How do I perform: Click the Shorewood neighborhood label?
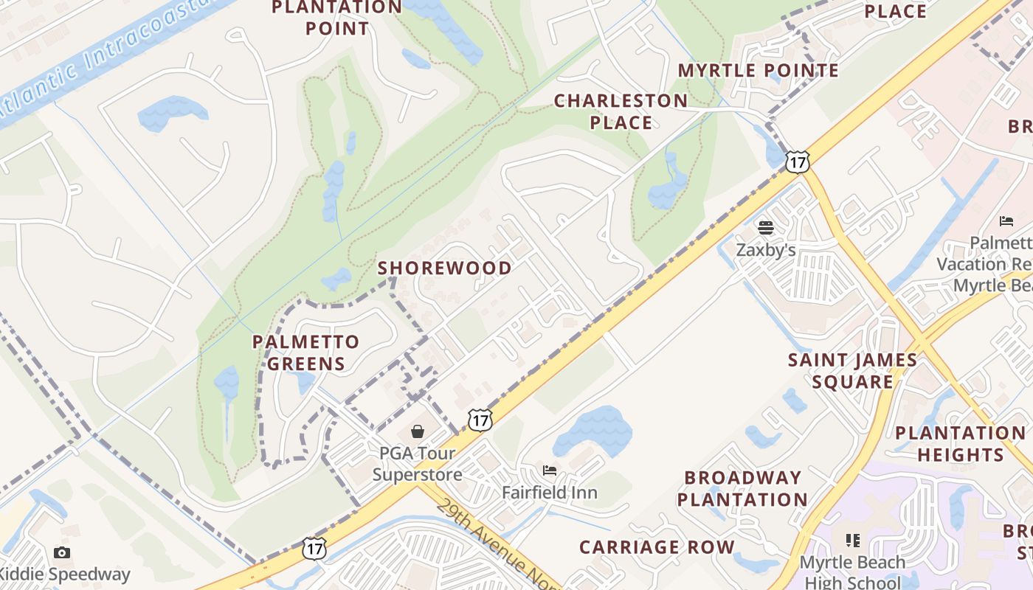[x=444, y=268]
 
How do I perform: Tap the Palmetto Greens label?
[x=305, y=353]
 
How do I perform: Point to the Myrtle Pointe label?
[x=758, y=70]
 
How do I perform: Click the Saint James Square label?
[x=852, y=371]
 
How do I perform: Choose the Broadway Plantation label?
[x=742, y=488]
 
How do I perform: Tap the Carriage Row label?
[x=657, y=547]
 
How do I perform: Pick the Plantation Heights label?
[x=960, y=443]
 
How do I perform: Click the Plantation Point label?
[x=336, y=18]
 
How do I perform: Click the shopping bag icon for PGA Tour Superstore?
[x=418, y=431]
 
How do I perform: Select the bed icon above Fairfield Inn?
[x=549, y=471]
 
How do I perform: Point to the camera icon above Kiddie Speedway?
[x=62, y=552]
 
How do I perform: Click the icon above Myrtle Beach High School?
[x=852, y=541]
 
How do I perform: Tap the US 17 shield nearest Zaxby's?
[x=798, y=162]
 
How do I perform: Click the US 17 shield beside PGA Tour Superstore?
[x=480, y=420]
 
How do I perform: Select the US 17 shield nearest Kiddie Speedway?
[x=314, y=548]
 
